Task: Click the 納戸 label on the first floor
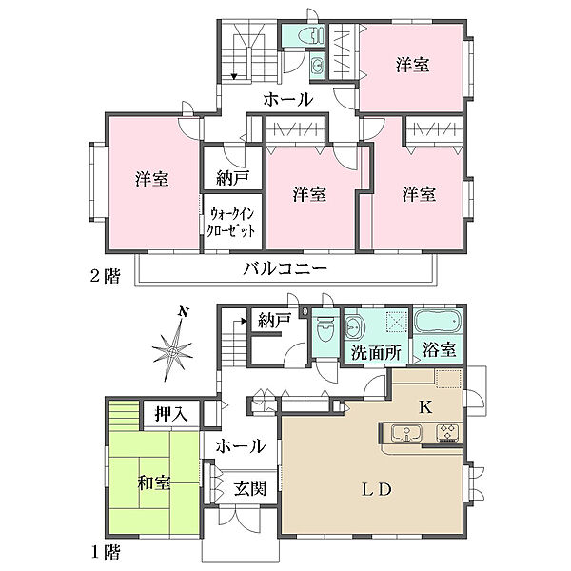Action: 274,321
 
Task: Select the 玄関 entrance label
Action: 251,490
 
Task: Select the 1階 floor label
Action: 106,552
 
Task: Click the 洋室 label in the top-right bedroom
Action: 412,66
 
